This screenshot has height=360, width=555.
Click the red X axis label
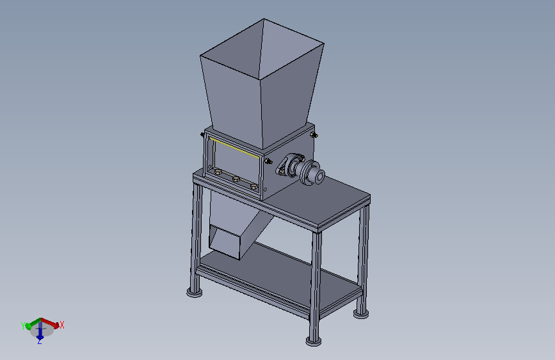coord(62,325)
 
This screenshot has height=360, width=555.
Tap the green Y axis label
coord(23,326)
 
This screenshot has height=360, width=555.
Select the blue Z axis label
coord(39,341)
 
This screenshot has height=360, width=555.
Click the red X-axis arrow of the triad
coord(51,322)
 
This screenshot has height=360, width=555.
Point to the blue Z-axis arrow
coord(40,331)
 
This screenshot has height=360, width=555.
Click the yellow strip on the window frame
coord(234,148)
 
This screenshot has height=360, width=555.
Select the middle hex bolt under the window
coord(236,179)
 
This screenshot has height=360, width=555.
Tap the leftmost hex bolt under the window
coord(218,172)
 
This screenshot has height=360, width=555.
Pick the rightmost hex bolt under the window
coord(253,186)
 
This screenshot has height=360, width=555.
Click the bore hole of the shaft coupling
coord(319,176)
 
